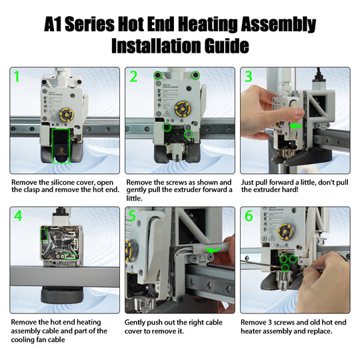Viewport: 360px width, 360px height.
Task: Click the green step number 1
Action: tap(17, 77)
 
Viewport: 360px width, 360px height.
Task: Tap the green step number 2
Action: tap(133, 77)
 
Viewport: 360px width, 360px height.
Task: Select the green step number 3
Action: tap(249, 77)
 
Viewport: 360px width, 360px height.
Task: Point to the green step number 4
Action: tap(17, 217)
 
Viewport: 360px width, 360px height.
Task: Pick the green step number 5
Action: tap(133, 217)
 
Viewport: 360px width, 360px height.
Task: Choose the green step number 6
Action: tap(249, 217)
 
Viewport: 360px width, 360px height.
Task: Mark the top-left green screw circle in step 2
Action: tap(157, 75)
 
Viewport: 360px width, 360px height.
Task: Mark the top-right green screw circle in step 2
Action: tap(195, 75)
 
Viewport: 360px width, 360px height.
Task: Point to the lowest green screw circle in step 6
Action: tap(285, 268)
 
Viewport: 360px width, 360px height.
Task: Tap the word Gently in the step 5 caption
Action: tap(139, 321)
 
